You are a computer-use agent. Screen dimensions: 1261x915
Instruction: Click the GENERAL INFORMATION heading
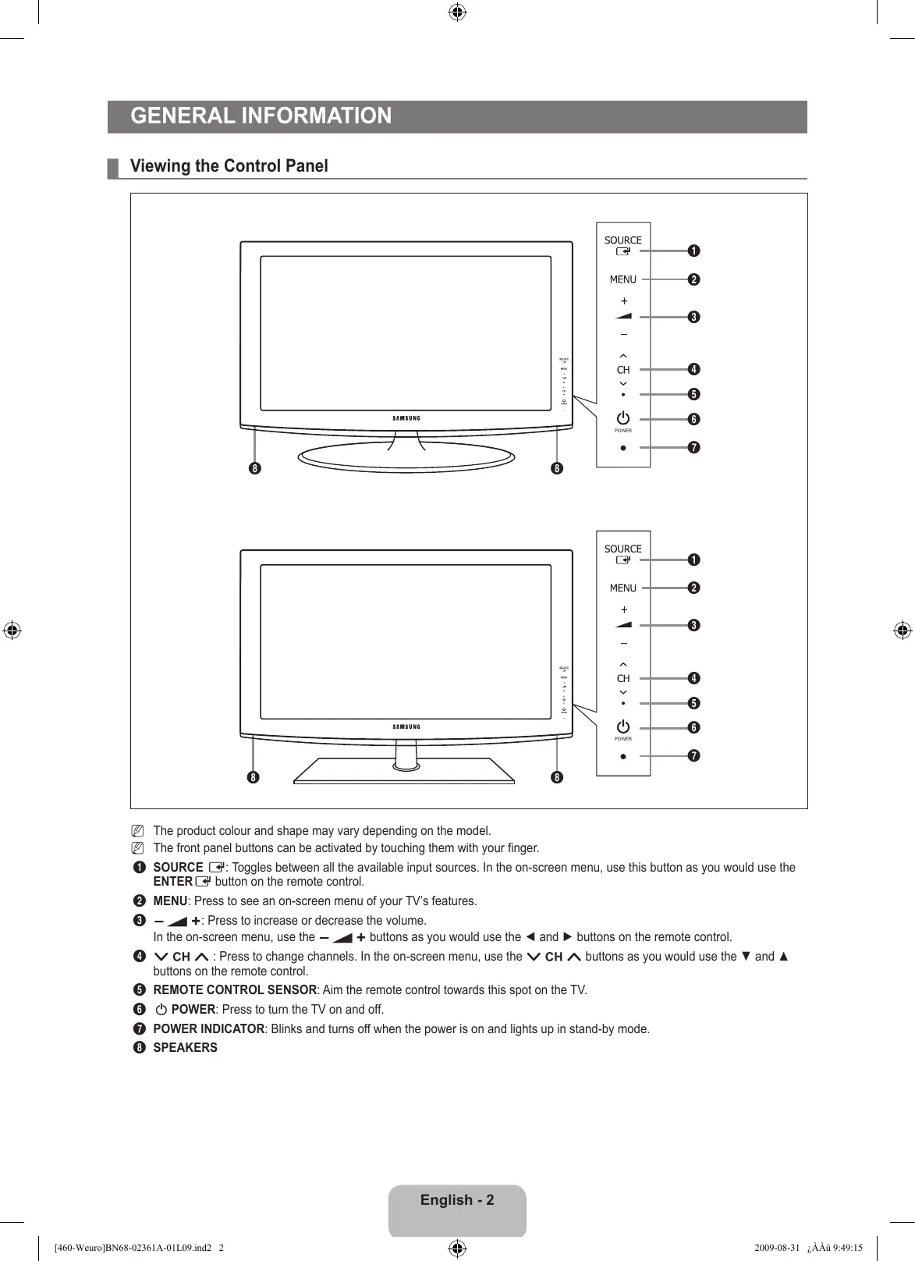[x=261, y=116]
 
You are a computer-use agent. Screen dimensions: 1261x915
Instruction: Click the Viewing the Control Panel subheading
[x=229, y=166]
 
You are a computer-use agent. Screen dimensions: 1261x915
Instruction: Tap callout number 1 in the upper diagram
[x=693, y=250]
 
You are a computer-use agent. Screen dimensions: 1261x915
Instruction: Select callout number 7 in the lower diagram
[x=693, y=756]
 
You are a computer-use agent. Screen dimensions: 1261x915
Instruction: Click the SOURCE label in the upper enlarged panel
[x=622, y=240]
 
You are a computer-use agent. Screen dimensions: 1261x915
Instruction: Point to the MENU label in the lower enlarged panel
[x=622, y=588]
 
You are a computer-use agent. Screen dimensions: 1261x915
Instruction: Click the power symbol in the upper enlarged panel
[x=622, y=419]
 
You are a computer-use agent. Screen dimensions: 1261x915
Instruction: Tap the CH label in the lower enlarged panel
[x=623, y=679]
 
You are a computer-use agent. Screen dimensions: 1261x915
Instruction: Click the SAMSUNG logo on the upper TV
[x=406, y=418]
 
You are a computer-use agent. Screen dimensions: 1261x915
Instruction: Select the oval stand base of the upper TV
[x=406, y=457]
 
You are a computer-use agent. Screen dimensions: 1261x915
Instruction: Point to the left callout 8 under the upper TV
[x=254, y=469]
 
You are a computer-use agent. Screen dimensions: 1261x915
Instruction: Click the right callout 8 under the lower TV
[x=556, y=777]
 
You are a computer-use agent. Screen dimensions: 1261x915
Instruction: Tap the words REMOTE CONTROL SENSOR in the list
[x=235, y=990]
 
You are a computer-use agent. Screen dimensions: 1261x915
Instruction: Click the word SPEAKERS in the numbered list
[x=185, y=1048]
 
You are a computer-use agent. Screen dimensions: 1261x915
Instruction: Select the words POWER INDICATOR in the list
[x=208, y=1029]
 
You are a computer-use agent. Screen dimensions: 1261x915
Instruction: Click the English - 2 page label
[x=457, y=1200]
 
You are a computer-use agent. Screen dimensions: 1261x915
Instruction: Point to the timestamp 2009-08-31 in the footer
[x=777, y=1247]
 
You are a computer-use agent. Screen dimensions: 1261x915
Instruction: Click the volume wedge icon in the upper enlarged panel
[x=623, y=316]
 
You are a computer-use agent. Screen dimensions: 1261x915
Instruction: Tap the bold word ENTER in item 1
[x=172, y=882]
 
